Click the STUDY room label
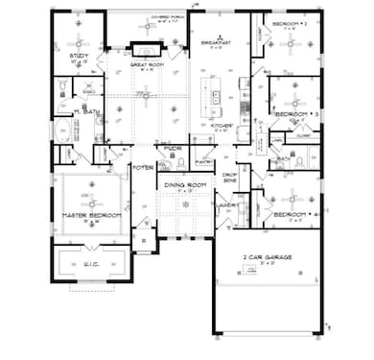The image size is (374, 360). click(x=80, y=57)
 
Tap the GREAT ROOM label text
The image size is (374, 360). click(x=146, y=64)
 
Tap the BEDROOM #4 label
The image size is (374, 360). click(x=292, y=214)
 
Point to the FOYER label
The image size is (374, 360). click(x=144, y=167)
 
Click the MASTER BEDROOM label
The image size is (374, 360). click(x=91, y=215)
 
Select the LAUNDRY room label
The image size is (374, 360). click(x=227, y=204)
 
